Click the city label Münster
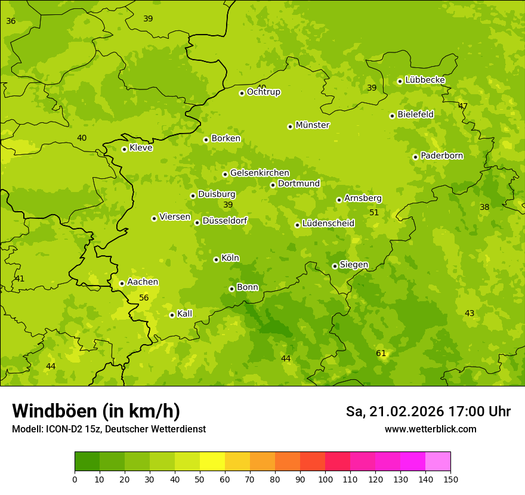pyautogui.click(x=313, y=125)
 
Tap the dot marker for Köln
pyautogui.click(x=216, y=259)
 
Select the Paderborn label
pyautogui.click(x=442, y=156)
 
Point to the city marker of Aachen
pyautogui.click(x=122, y=283)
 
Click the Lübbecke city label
pyautogui.click(x=425, y=80)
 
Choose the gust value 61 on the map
pyautogui.click(x=381, y=353)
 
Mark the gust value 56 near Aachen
pyautogui.click(x=144, y=298)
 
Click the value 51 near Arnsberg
pyautogui.click(x=374, y=212)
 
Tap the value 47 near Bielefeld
pyautogui.click(x=463, y=106)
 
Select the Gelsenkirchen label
pyautogui.click(x=260, y=173)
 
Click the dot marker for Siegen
pyautogui.click(x=335, y=266)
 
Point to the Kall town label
pyautogui.click(x=185, y=314)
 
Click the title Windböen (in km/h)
pyautogui.click(x=96, y=411)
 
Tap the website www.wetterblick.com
pyautogui.click(x=431, y=429)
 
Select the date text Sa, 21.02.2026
pyautogui.click(x=396, y=412)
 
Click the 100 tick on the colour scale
pyautogui.click(x=325, y=479)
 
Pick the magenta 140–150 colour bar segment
pyautogui.click(x=438, y=462)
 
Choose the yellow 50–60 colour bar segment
pyautogui.click(x=212, y=462)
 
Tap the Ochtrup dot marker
pyautogui.click(x=242, y=93)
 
